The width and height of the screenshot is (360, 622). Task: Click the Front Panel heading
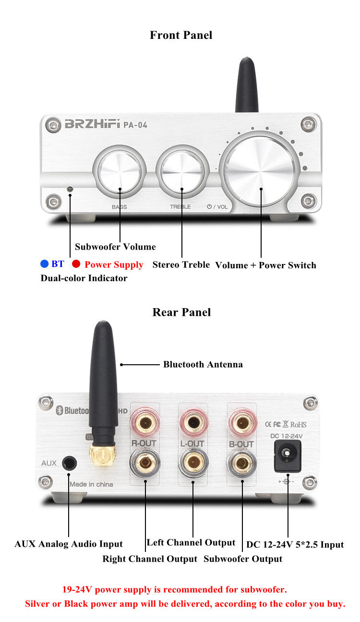click(181, 35)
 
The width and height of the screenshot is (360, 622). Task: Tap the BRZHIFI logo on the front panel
click(93, 124)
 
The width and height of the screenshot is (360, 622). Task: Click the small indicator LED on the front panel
click(70, 189)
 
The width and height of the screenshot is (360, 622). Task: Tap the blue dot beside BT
click(45, 263)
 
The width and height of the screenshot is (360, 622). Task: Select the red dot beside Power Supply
click(76, 263)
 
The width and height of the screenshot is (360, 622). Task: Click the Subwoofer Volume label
click(115, 247)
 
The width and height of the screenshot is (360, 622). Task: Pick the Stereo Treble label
click(181, 264)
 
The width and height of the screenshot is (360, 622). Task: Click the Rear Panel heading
click(181, 312)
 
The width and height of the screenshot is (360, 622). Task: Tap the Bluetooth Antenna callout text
click(203, 364)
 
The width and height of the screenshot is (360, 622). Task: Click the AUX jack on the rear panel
click(69, 463)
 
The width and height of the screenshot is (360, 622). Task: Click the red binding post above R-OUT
click(145, 423)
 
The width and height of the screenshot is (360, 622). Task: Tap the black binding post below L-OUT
click(193, 463)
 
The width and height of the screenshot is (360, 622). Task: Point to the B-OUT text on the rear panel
click(241, 444)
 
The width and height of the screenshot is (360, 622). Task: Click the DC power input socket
click(288, 456)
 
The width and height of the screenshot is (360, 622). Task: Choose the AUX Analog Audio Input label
click(69, 544)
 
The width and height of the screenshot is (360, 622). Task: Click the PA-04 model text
click(135, 125)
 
